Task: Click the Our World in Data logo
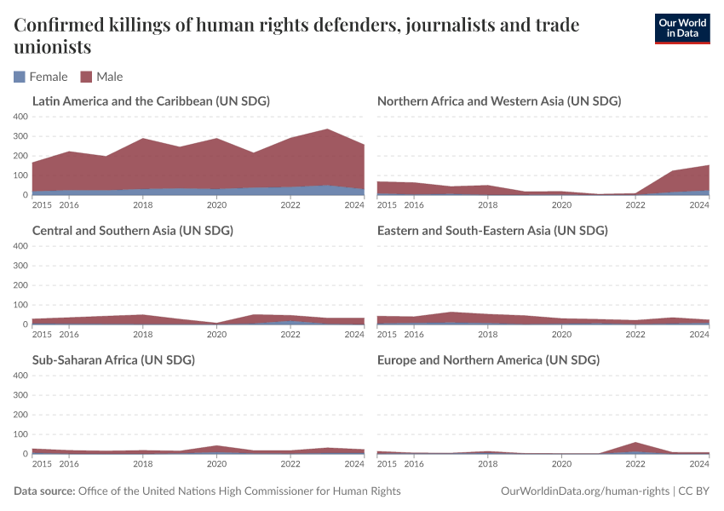[x=681, y=28]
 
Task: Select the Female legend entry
[x=41, y=77]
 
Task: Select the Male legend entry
[x=101, y=77]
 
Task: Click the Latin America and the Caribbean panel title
[x=151, y=101]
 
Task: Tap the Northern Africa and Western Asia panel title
[x=498, y=101]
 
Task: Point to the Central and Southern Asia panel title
[x=132, y=231]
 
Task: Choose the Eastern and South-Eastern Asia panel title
[x=491, y=231]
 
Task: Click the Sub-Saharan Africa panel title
[x=113, y=360]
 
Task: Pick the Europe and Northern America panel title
[x=488, y=360]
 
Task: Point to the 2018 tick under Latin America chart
[x=143, y=204]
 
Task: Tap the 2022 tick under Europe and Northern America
[x=635, y=463]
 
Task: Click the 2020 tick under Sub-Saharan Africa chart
[x=217, y=463]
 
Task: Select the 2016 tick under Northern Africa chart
[x=414, y=204]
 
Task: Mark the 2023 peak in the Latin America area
[x=327, y=130]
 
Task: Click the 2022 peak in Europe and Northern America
[x=635, y=443]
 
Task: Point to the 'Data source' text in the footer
[x=44, y=491]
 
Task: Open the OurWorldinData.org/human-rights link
[x=583, y=491]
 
